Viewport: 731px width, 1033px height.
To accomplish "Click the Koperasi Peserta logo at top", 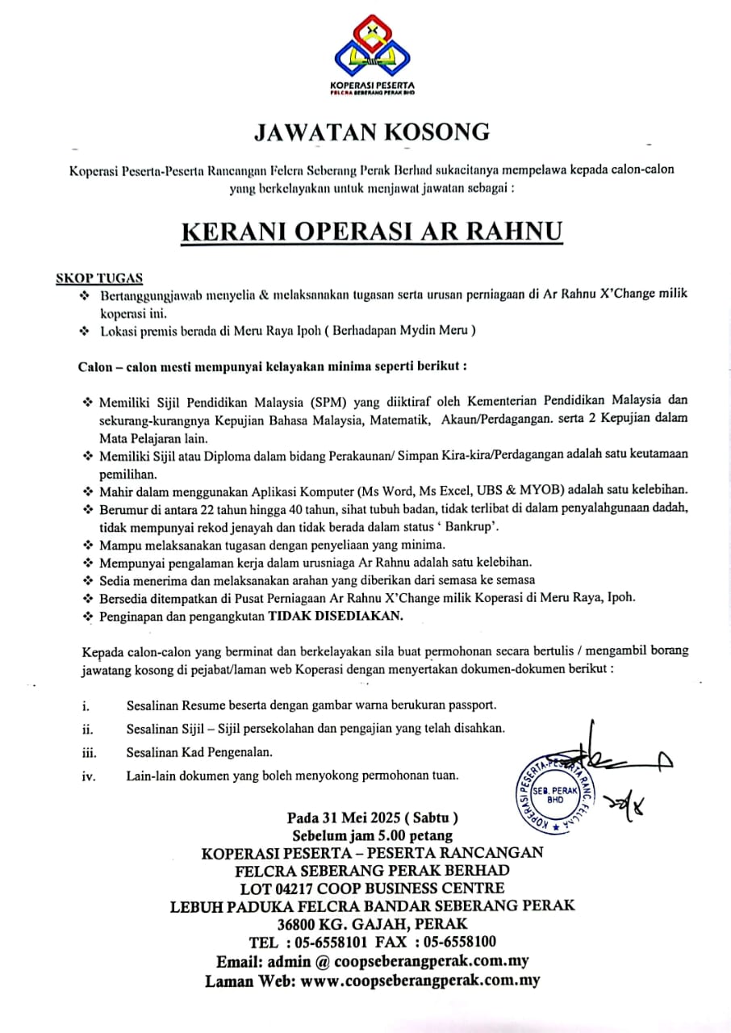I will [372, 53].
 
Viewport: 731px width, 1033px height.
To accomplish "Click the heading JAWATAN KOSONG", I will [372, 132].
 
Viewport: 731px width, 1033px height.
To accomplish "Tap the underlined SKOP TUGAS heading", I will [98, 278].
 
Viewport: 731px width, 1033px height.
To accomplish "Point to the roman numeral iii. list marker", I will [89, 753].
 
